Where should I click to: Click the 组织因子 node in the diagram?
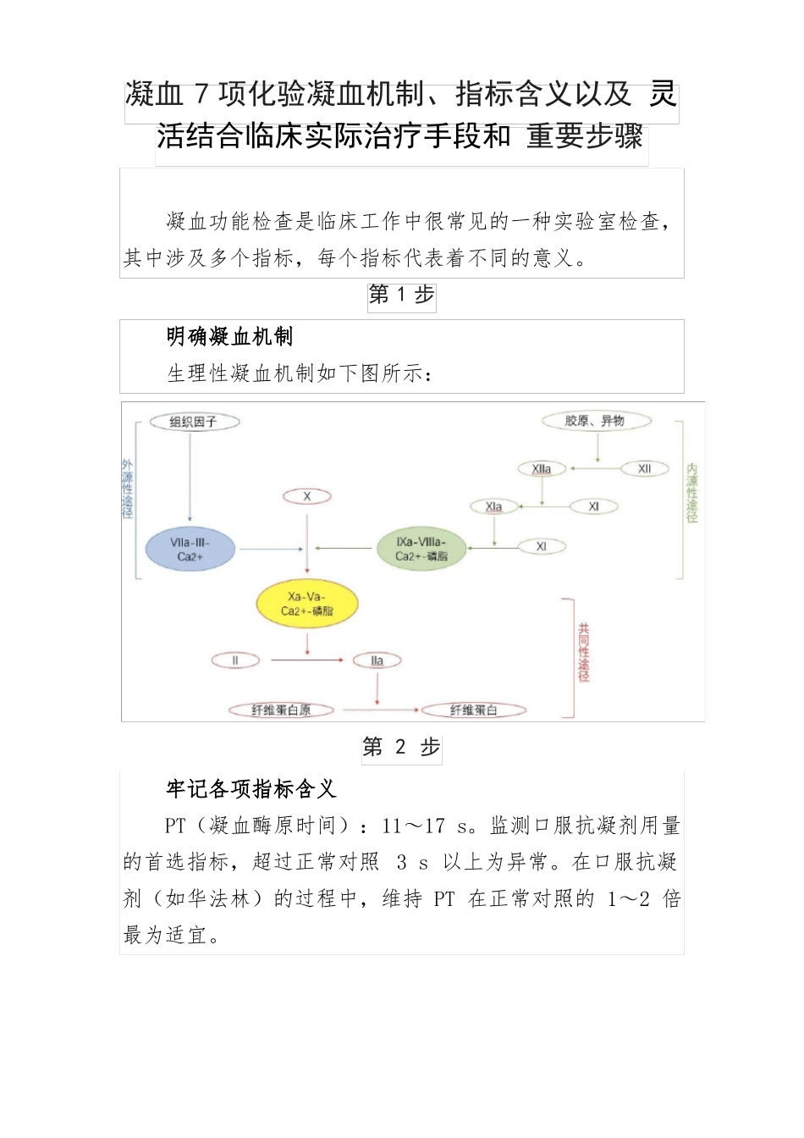point(194,422)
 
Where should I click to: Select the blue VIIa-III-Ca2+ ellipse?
point(190,550)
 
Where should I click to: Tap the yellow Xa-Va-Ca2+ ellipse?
point(307,604)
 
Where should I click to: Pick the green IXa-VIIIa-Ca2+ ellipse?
point(421,549)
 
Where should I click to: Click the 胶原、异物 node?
point(596,421)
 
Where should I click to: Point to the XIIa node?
point(542,469)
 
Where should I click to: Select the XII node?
point(645,469)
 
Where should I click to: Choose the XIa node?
point(494,507)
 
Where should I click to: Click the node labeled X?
point(307,497)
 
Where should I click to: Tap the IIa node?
point(377,660)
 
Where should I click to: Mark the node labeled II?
point(235,660)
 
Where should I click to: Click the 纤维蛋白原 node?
point(281,710)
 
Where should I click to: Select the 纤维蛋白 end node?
point(474,710)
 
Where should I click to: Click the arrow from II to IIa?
point(306,660)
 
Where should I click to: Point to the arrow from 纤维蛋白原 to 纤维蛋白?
point(377,710)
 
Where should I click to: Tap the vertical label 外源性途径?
point(128,489)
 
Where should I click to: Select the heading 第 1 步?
point(401,296)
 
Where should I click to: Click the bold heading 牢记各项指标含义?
point(251,789)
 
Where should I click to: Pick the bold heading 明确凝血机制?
point(230,337)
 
